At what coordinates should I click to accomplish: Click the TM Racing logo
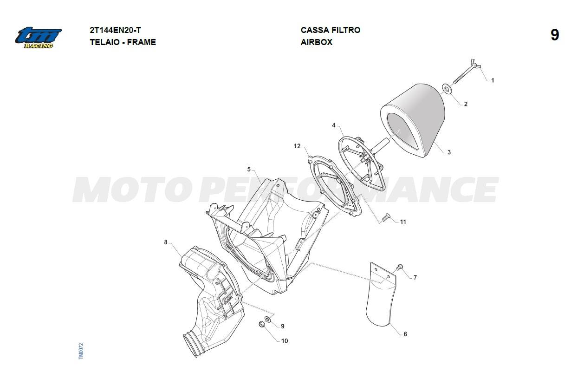tap(38, 38)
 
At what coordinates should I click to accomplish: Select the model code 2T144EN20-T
tap(115, 30)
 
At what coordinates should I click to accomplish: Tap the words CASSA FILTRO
tap(331, 30)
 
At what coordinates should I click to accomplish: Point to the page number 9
tap(555, 35)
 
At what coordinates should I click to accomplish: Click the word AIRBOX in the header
tap(316, 42)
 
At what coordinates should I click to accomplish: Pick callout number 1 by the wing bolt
tap(493, 80)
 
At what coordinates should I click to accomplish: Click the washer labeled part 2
tap(446, 88)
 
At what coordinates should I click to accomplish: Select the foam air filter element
tap(413, 120)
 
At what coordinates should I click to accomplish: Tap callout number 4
tap(334, 125)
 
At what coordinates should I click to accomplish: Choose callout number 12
tap(297, 146)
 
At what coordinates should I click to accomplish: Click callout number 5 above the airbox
tap(249, 170)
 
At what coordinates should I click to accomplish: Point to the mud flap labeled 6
tap(381, 294)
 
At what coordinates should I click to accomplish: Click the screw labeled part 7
tap(399, 268)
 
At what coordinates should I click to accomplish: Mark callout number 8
tap(166, 242)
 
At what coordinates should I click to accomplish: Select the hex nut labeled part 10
tap(261, 324)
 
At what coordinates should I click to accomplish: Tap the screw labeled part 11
tap(386, 217)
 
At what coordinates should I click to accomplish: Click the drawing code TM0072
tap(81, 351)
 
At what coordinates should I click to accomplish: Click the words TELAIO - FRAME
tap(123, 42)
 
